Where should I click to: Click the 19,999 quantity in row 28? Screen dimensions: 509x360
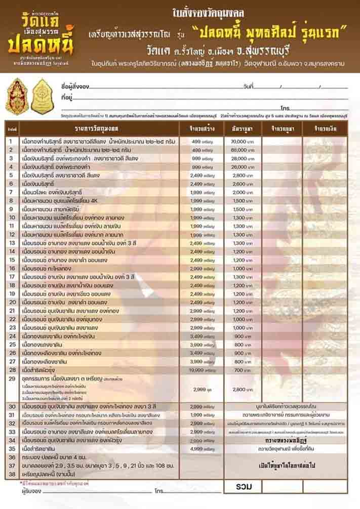click(202, 370)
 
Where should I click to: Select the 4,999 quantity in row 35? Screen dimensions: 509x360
click(202, 448)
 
